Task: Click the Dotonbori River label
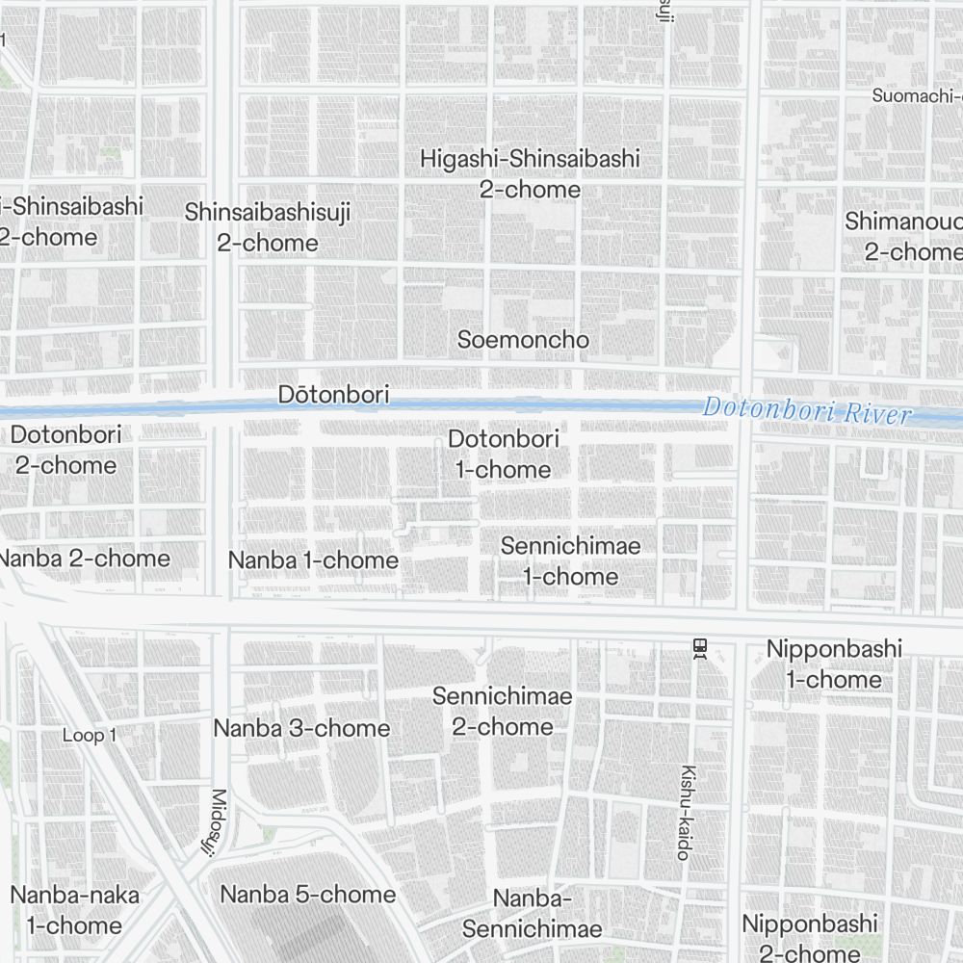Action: (807, 411)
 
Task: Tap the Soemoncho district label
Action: (523, 340)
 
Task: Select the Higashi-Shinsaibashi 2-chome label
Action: (530, 174)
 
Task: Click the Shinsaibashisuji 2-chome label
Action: (268, 227)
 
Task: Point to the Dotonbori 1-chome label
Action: (503, 455)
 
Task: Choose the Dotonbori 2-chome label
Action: (65, 450)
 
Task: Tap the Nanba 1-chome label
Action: (313, 560)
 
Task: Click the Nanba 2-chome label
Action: (84, 559)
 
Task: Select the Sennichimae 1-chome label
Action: (570, 561)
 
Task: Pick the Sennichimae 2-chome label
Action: (502, 711)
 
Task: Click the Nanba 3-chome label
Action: (301, 728)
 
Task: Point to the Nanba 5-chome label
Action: (308, 895)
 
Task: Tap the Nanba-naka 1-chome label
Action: (74, 910)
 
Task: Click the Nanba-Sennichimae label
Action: (532, 914)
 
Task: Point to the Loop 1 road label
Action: (90, 736)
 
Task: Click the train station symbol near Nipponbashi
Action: (700, 650)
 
